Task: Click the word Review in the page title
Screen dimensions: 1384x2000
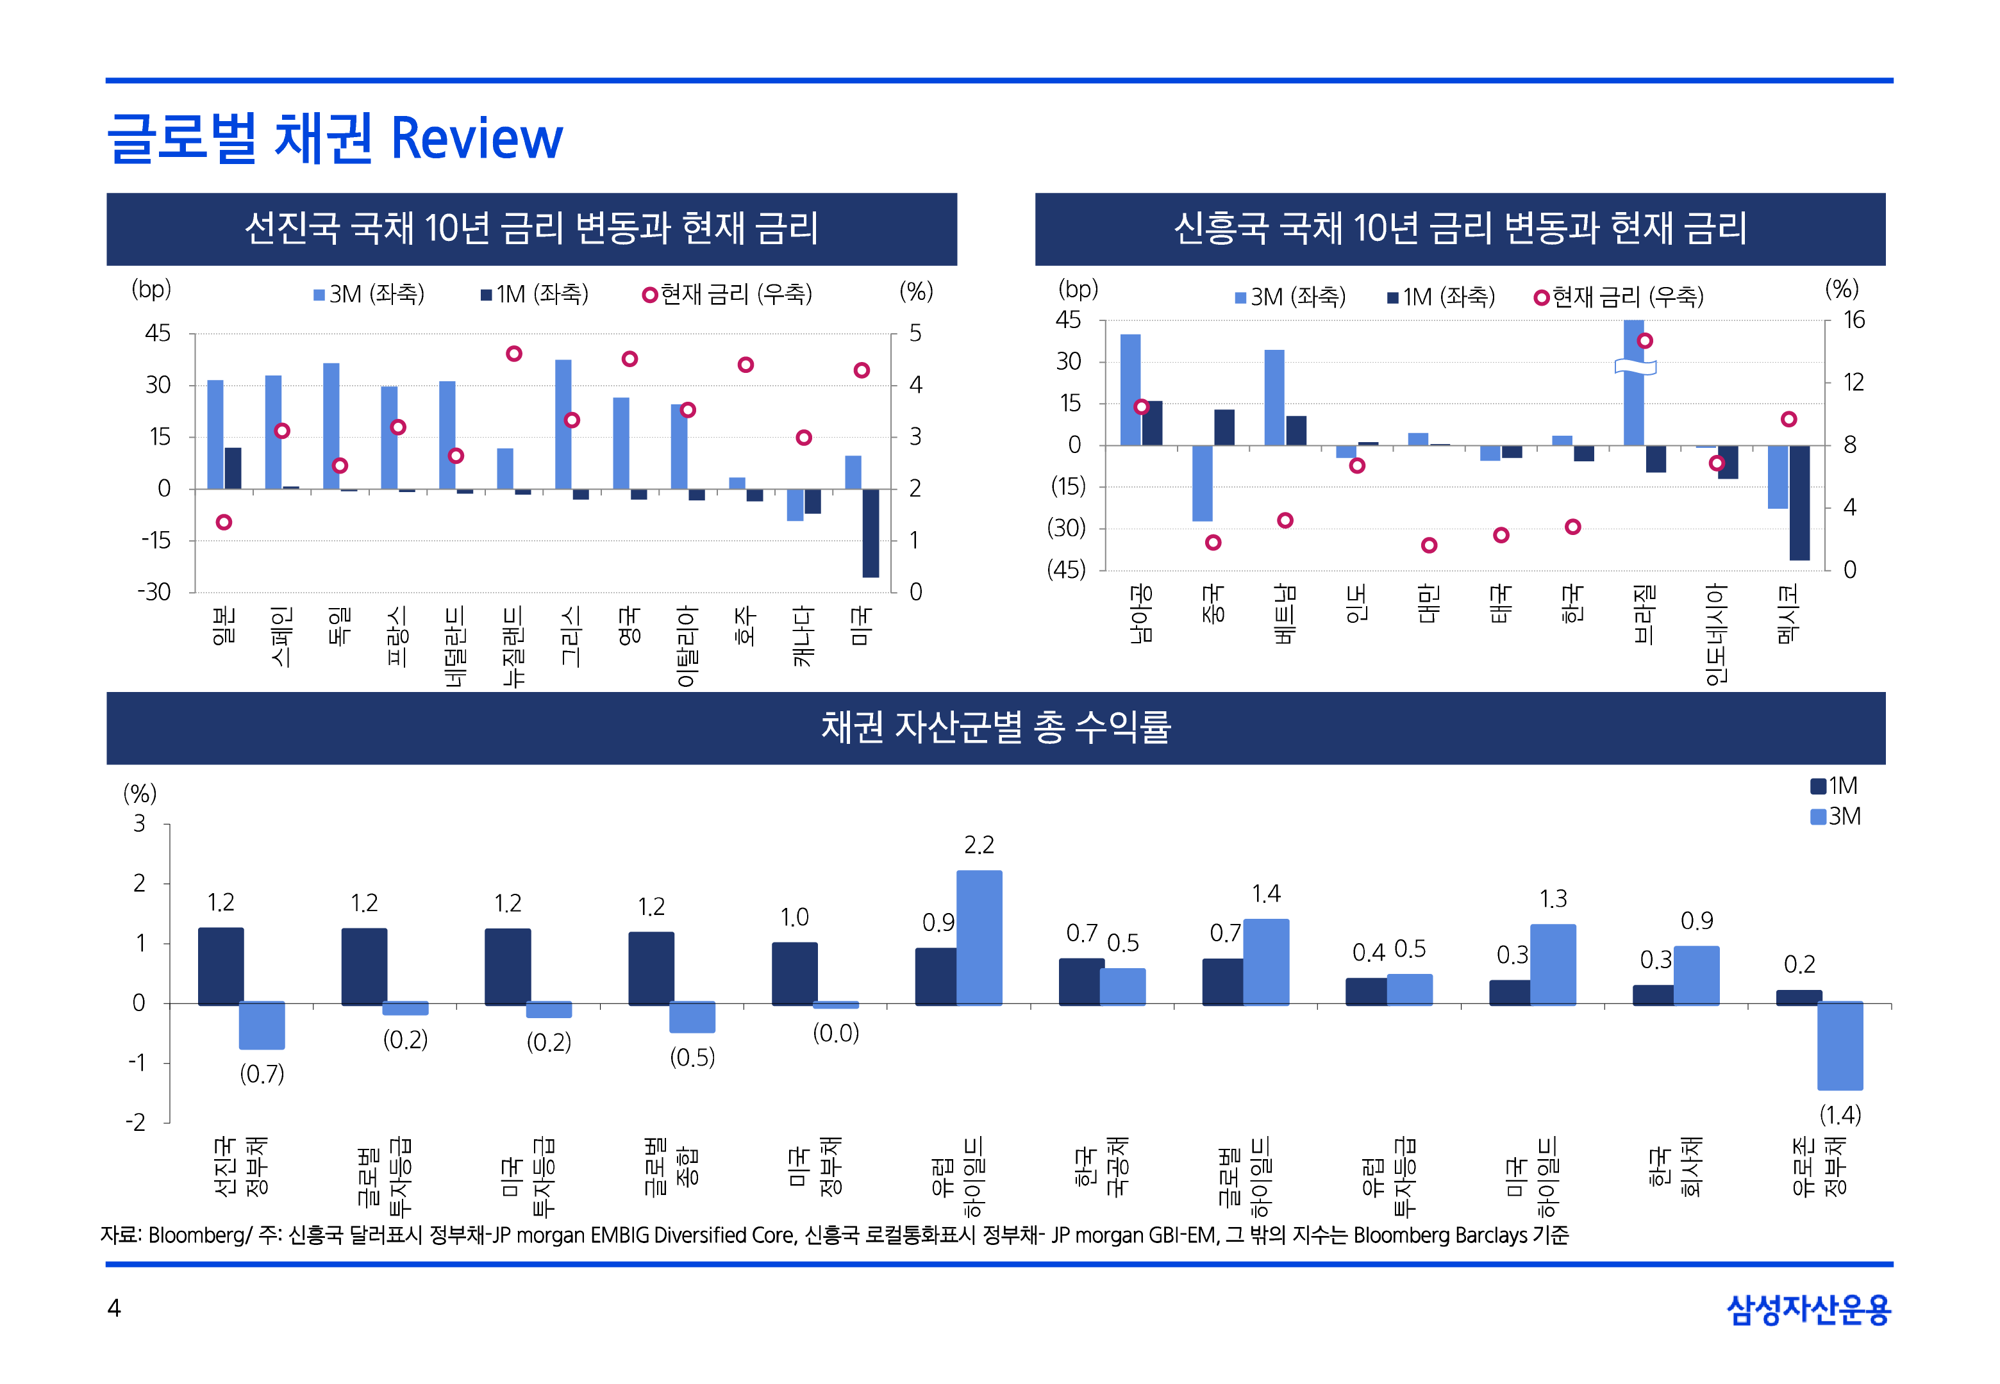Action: pos(476,139)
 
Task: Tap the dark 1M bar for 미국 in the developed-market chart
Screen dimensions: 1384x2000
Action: pos(870,532)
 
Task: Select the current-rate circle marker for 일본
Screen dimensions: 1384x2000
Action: pos(224,522)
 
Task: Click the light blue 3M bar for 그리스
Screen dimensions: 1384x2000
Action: pos(563,424)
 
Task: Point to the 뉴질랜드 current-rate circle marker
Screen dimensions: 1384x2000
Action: pos(513,354)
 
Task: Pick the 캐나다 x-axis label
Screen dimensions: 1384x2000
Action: pos(803,636)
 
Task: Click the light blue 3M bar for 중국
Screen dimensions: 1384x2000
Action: pos(1202,483)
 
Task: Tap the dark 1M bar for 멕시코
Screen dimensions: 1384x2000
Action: pos(1799,502)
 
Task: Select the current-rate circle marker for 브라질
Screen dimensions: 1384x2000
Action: pos(1644,341)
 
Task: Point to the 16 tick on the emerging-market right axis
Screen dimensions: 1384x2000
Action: pos(1853,320)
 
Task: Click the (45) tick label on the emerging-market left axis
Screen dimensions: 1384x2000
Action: pos(1067,570)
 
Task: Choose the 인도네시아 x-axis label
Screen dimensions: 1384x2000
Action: pos(1715,634)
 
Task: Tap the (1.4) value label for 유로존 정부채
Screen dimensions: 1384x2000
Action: pos(1840,1114)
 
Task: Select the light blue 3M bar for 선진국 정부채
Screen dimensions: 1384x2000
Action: pos(262,1025)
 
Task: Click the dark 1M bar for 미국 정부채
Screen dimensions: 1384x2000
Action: pos(794,973)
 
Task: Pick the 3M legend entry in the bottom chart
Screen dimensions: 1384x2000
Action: pos(1835,817)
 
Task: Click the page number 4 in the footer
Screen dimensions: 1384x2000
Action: pos(113,1308)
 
